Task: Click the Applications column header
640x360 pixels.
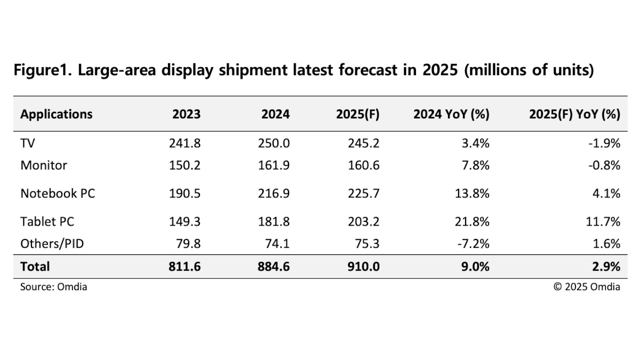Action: [56, 114]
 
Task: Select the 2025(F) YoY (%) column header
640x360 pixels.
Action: [574, 114]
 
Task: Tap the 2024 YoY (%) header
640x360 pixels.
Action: [451, 114]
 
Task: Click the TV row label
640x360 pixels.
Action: [28, 143]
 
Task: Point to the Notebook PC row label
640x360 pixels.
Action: [58, 193]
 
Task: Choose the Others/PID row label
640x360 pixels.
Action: [52, 244]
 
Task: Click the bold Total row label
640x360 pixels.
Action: [35, 266]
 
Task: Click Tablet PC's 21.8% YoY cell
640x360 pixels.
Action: [472, 221]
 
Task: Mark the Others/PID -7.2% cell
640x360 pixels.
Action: [474, 244]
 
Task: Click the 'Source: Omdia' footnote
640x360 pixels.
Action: [53, 287]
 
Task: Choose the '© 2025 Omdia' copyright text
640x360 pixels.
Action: [587, 287]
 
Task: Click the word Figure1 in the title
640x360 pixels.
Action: [43, 70]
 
